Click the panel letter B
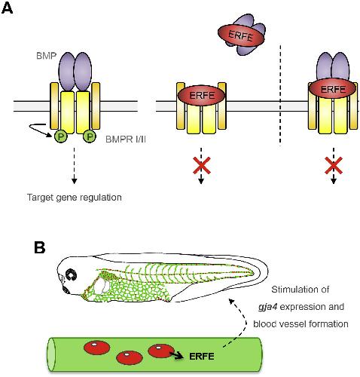pos(40,247)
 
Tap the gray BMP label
pos(46,56)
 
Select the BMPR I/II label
pos(126,139)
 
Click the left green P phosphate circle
pos(60,137)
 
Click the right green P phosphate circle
pos(90,136)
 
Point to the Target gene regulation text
pos(75,198)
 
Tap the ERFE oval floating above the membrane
pos(241,35)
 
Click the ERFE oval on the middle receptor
pos(202,96)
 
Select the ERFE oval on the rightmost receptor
pos(332,89)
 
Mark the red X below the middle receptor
pos(202,165)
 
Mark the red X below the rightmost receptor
pos(334,165)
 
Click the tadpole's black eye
pos(71,274)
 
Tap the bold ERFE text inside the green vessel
pos(202,357)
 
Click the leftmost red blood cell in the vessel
pos(96,348)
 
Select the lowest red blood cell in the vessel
pos(130,357)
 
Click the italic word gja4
pos(267,307)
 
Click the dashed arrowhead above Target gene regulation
pos(74,181)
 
